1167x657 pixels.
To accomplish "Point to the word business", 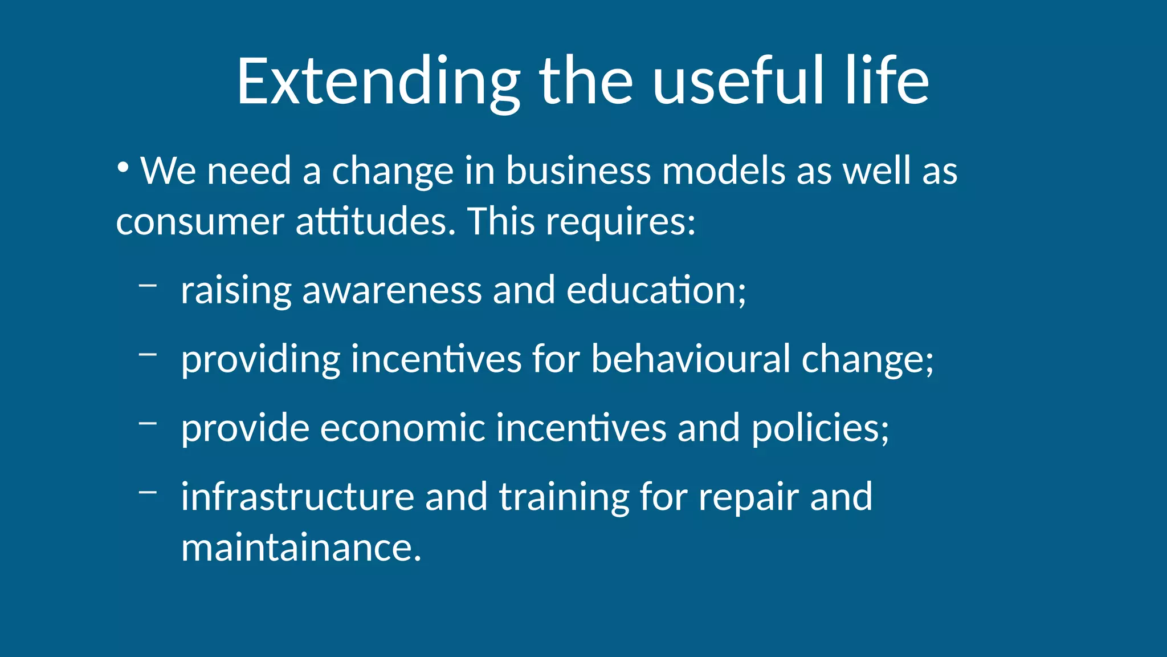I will (x=578, y=171).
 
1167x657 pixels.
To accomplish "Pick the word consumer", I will (x=200, y=222).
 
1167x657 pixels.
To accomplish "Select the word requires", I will (x=621, y=222).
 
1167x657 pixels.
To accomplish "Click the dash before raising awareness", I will (x=148, y=285).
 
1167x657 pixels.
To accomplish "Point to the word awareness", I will (x=392, y=290).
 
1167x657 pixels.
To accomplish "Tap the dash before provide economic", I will (x=148, y=423).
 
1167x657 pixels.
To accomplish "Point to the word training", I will (x=564, y=497).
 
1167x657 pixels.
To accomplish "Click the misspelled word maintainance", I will (x=301, y=547).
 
